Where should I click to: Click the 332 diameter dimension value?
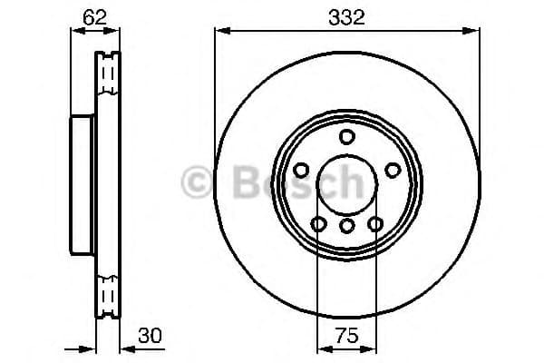(x=346, y=17)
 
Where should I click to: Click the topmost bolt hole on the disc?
(x=345, y=137)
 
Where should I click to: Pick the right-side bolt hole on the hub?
(x=392, y=170)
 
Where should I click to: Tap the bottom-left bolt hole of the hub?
(x=317, y=224)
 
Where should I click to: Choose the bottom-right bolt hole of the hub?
(x=374, y=224)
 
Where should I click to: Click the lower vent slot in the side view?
(x=108, y=294)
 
